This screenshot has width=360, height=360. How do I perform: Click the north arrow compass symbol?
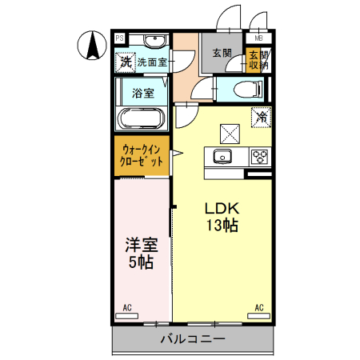[93, 44]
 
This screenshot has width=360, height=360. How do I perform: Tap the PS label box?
[119, 38]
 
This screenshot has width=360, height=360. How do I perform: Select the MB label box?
[258, 38]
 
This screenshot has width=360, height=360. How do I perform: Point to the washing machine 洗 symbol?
[126, 61]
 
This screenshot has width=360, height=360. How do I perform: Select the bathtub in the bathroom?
[141, 119]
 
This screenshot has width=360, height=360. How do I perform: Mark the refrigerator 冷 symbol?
[262, 117]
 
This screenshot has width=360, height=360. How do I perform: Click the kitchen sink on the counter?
[223, 156]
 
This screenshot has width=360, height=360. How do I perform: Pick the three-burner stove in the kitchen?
[260, 156]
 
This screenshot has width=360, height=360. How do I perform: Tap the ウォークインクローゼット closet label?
[142, 154]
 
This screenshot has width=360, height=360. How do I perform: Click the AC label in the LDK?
[259, 307]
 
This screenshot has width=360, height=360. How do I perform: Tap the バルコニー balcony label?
[193, 339]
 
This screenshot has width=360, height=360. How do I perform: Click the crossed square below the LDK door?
[230, 130]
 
